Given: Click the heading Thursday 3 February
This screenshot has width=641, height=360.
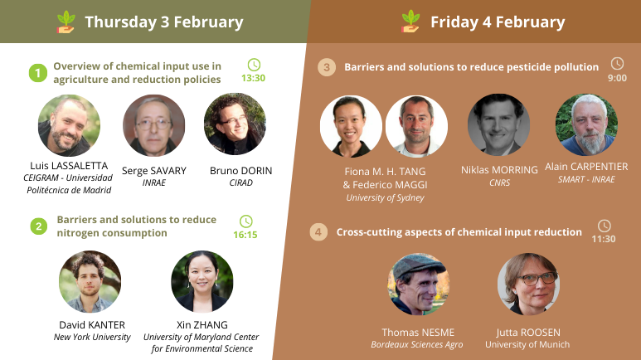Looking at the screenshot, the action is click(164, 22).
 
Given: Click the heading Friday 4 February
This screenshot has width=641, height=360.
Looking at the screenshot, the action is click(498, 22).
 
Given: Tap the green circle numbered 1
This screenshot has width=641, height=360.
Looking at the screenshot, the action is click(38, 73).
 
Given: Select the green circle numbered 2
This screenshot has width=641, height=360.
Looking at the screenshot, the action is click(39, 226).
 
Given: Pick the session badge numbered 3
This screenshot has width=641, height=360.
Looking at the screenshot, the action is click(327, 67).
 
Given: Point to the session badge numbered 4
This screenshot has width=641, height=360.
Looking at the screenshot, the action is click(318, 232).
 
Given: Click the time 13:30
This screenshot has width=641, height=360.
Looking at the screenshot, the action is click(253, 78).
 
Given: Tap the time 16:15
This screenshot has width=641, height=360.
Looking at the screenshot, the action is click(245, 235).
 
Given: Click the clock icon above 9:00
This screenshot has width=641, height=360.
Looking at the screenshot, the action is click(617, 63).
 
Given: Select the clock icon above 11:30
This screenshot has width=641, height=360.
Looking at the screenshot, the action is click(605, 226).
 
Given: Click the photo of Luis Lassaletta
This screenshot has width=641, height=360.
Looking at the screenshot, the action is click(69, 125).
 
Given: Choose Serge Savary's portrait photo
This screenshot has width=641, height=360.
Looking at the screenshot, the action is click(153, 125).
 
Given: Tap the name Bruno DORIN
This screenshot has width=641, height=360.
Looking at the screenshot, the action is click(240, 171).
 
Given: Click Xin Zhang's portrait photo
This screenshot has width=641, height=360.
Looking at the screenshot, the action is click(202, 281).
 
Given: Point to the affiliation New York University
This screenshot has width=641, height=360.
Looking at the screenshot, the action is click(92, 337).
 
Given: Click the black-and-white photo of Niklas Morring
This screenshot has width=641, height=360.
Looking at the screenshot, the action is click(498, 124).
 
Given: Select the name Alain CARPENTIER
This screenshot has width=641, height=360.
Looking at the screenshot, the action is click(586, 167).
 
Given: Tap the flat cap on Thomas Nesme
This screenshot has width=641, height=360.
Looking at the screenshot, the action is click(419, 265).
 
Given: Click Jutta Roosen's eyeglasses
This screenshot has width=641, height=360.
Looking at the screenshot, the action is click(537, 279).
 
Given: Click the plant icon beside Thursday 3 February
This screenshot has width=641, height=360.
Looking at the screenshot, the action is click(66, 22).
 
